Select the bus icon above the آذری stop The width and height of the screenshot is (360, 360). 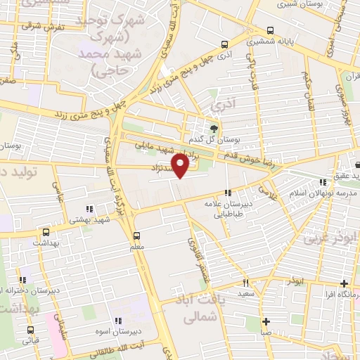point(224,44)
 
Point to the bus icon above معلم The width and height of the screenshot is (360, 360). point(136,236)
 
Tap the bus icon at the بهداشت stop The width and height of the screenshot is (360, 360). point(46,231)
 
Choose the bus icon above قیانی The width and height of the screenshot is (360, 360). point(30,329)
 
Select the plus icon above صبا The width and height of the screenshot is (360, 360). point(266,322)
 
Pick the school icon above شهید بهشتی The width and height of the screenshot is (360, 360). point(89,209)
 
